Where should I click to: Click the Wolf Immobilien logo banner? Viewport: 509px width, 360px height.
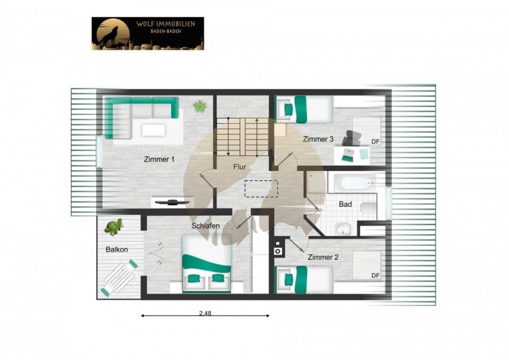[x=148, y=33]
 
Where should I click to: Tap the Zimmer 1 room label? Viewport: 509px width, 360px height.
[x=159, y=159]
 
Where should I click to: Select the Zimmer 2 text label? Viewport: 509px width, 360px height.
[x=323, y=257]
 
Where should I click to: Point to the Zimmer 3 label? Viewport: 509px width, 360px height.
[x=318, y=140]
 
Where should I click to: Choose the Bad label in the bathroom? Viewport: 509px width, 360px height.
[x=345, y=204]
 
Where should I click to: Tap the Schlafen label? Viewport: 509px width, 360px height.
[x=206, y=226]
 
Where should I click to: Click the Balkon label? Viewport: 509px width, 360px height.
[x=117, y=249]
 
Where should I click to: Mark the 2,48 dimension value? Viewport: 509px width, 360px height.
[x=205, y=313]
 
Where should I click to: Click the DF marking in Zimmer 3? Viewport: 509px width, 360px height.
[x=375, y=142]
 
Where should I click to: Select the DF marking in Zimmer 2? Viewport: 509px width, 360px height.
[x=375, y=275]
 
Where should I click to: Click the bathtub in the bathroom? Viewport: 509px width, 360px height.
[x=352, y=182]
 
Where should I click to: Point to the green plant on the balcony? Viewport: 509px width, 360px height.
[x=115, y=226]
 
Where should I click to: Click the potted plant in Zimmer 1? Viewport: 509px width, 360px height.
[x=199, y=105]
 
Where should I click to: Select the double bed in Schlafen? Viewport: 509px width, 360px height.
[x=206, y=264]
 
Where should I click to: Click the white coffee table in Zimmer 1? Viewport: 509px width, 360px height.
[x=153, y=130]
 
